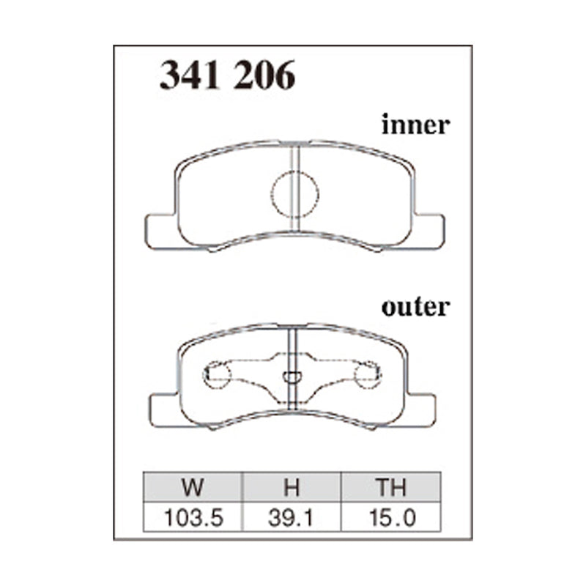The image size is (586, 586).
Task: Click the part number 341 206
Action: tap(227, 75)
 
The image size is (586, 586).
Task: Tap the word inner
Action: tap(415, 125)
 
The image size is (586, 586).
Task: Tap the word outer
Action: tap(415, 306)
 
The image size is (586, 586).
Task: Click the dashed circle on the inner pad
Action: tap(295, 194)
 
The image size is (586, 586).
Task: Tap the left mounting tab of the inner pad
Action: tap(161, 231)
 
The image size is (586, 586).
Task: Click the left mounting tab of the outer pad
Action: tap(164, 409)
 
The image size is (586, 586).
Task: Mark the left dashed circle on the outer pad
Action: tap(217, 376)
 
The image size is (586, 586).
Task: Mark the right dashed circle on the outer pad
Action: tap(368, 376)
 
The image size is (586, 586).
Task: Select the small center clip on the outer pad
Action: tap(292, 377)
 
